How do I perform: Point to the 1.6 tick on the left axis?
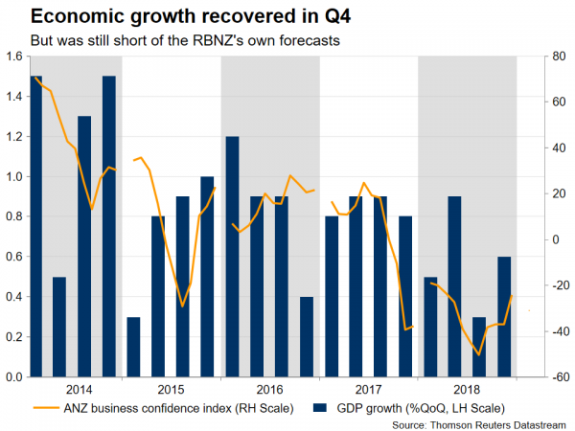pos(12,57)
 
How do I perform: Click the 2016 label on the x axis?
pos(270,389)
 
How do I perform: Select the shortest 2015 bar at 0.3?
pos(133,347)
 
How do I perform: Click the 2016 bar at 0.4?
pos(306,337)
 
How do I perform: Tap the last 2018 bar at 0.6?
pos(504,316)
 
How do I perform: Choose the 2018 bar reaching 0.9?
pos(454,286)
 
